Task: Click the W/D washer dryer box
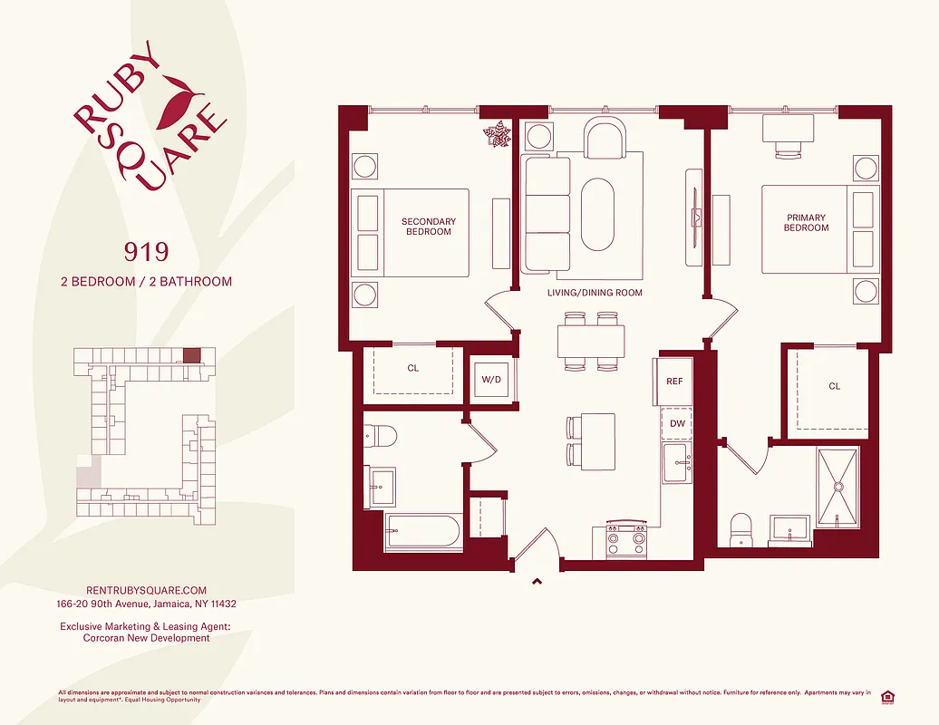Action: (491, 379)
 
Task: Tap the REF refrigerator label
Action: (674, 382)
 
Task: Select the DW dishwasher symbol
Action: (676, 423)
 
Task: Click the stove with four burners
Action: (626, 541)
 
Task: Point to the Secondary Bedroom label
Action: (428, 227)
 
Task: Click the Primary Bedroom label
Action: (806, 222)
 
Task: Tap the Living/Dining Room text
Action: (595, 293)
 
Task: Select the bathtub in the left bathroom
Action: (424, 531)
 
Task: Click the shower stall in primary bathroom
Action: (838, 487)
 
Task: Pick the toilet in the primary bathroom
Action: (741, 528)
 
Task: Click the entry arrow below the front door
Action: (537, 582)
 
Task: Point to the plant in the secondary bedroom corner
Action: (497, 136)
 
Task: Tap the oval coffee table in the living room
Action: (597, 214)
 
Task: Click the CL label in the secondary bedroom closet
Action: (413, 368)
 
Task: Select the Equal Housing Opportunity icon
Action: (887, 696)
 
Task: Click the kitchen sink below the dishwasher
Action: (676, 463)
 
